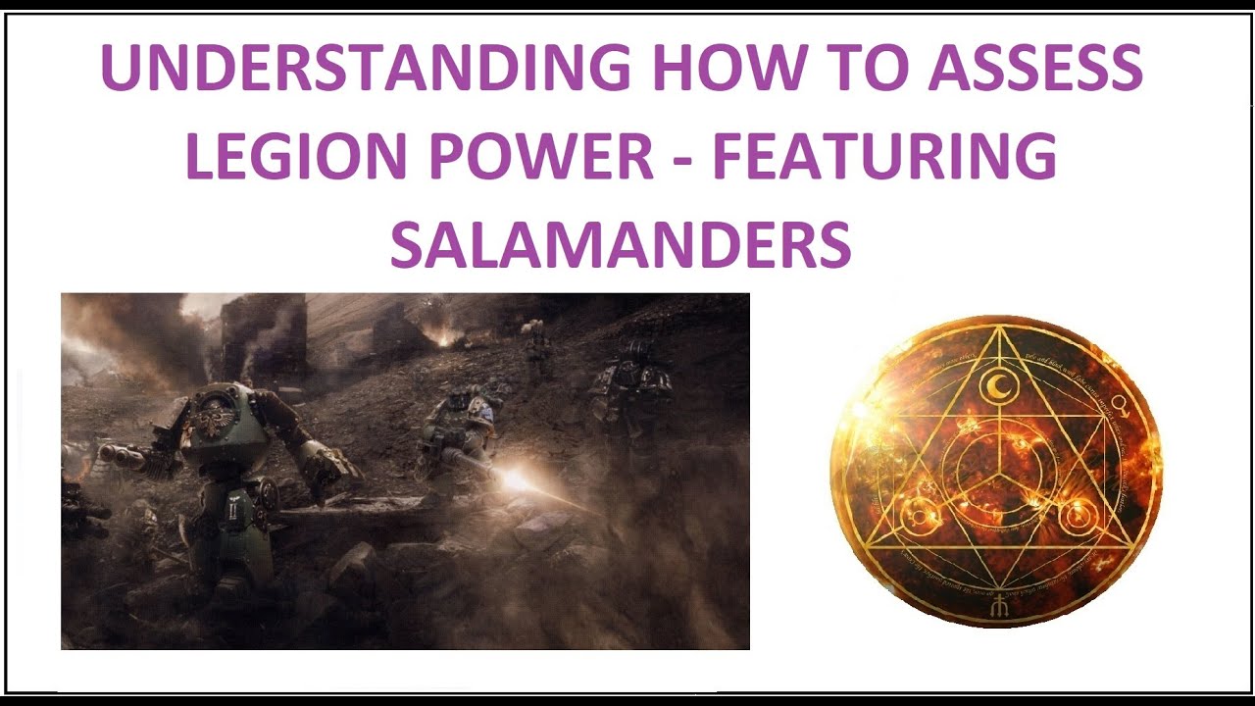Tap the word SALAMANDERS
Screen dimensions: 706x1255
[x=621, y=245]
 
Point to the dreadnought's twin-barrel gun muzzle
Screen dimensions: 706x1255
[x=111, y=454]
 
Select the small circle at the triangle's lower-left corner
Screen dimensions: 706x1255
[x=922, y=513]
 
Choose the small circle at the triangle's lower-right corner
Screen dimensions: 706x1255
[x=1076, y=512]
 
